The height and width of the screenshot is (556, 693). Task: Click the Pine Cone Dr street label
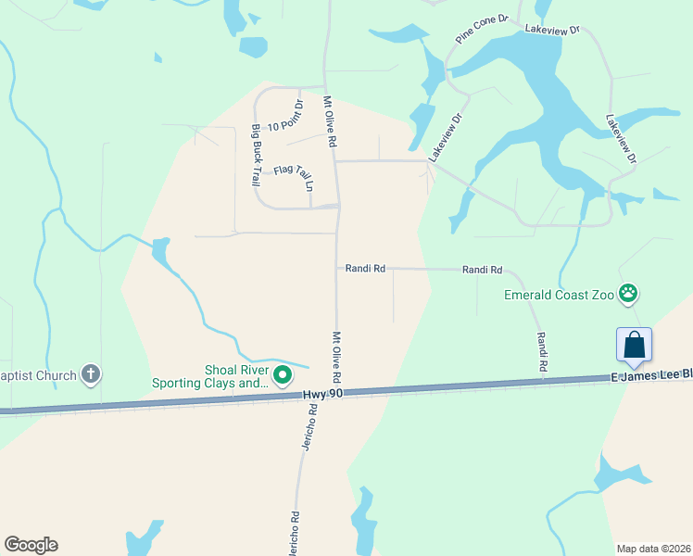coord(483,29)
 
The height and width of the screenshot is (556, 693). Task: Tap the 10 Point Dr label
coord(285,119)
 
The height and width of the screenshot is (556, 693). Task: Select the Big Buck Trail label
coord(255,156)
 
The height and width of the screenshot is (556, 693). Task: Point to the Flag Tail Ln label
coord(296,173)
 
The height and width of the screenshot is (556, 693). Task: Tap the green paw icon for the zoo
coord(629,294)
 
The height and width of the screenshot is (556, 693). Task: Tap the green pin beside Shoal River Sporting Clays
coord(283,375)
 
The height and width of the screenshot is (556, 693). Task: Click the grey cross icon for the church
coord(90,374)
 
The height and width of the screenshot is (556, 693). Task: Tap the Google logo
coord(31,545)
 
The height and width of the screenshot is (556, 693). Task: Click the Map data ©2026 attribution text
coord(654,548)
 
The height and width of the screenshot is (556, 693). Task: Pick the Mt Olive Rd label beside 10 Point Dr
coord(328,122)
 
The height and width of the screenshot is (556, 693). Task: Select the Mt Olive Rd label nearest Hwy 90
coord(336,358)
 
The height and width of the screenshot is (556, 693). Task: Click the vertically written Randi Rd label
coord(540,352)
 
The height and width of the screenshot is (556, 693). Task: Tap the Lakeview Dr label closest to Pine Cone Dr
coord(551,31)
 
